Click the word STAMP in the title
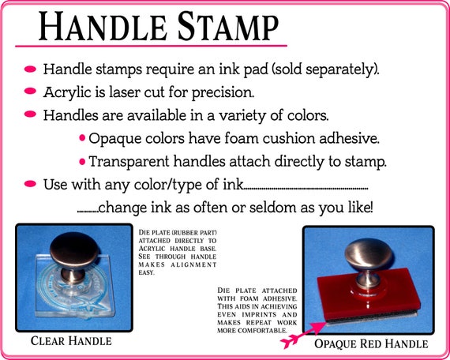pyautogui.click(x=228, y=26)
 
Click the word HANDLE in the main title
pyautogui.click(x=103, y=26)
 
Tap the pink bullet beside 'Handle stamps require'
pyautogui.click(x=30, y=69)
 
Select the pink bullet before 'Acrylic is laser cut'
pyautogui.click(x=30, y=91)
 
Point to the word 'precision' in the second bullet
pyautogui.click(x=223, y=93)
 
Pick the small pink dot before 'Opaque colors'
pyautogui.click(x=82, y=138)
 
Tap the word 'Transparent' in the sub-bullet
pyautogui.click(x=129, y=162)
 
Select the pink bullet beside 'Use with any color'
pyautogui.click(x=30, y=183)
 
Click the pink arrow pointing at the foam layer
pyautogui.click(x=303, y=335)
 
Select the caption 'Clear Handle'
pyautogui.click(x=71, y=341)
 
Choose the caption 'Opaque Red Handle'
pyautogui.click(x=371, y=343)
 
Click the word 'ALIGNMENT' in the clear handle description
pyautogui.click(x=193, y=264)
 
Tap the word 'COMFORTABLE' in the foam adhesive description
pyautogui.click(x=262, y=331)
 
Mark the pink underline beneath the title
pyautogui.click(x=151, y=46)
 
